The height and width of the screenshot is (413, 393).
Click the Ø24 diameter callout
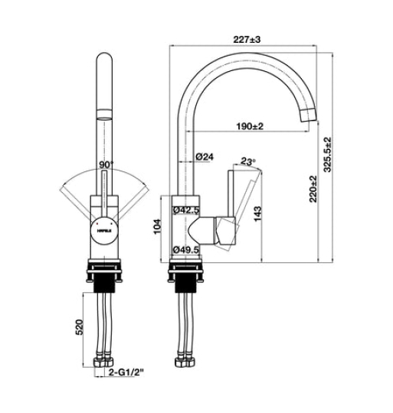pos(205,156)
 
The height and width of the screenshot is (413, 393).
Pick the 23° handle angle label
pos(247,161)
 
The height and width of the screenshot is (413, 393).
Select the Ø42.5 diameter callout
pos(186,210)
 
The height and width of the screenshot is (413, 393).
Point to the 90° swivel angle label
pos(106,164)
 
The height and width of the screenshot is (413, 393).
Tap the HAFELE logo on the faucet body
pos(104,228)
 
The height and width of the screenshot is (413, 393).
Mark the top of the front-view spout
pos(105,60)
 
